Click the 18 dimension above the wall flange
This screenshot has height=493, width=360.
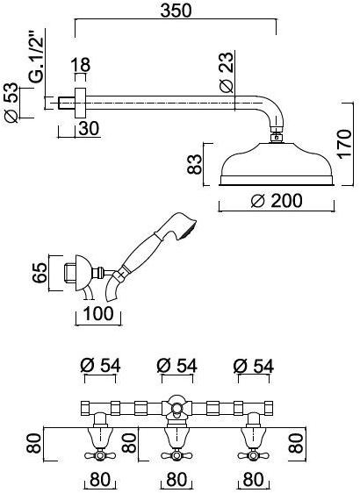pyautogui.click(x=80, y=65)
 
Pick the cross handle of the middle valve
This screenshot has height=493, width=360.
pyautogui.click(x=175, y=454)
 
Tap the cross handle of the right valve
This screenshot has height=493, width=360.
pyautogui.click(x=254, y=454)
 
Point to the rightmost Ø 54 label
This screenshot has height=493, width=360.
pyautogui.click(x=253, y=364)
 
